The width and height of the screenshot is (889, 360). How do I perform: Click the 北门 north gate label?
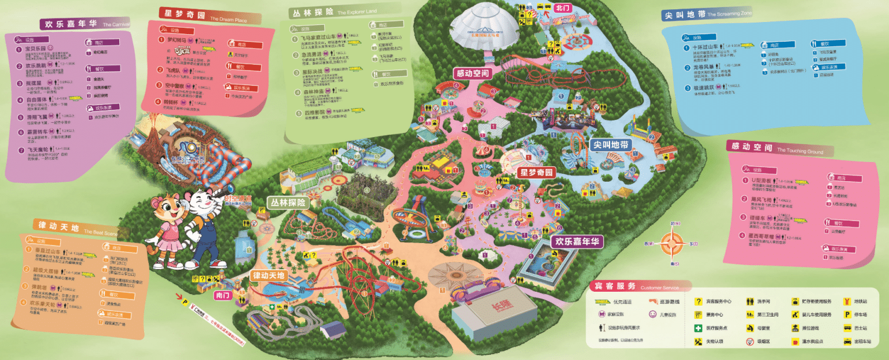click(562, 8)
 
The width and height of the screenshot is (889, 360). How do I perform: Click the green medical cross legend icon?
click(698, 328)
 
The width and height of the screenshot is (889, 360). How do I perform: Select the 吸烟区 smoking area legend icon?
click(750, 341)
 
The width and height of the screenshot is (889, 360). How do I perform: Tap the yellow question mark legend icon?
click(698, 302)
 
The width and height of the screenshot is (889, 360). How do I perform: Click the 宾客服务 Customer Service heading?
click(613, 286)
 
